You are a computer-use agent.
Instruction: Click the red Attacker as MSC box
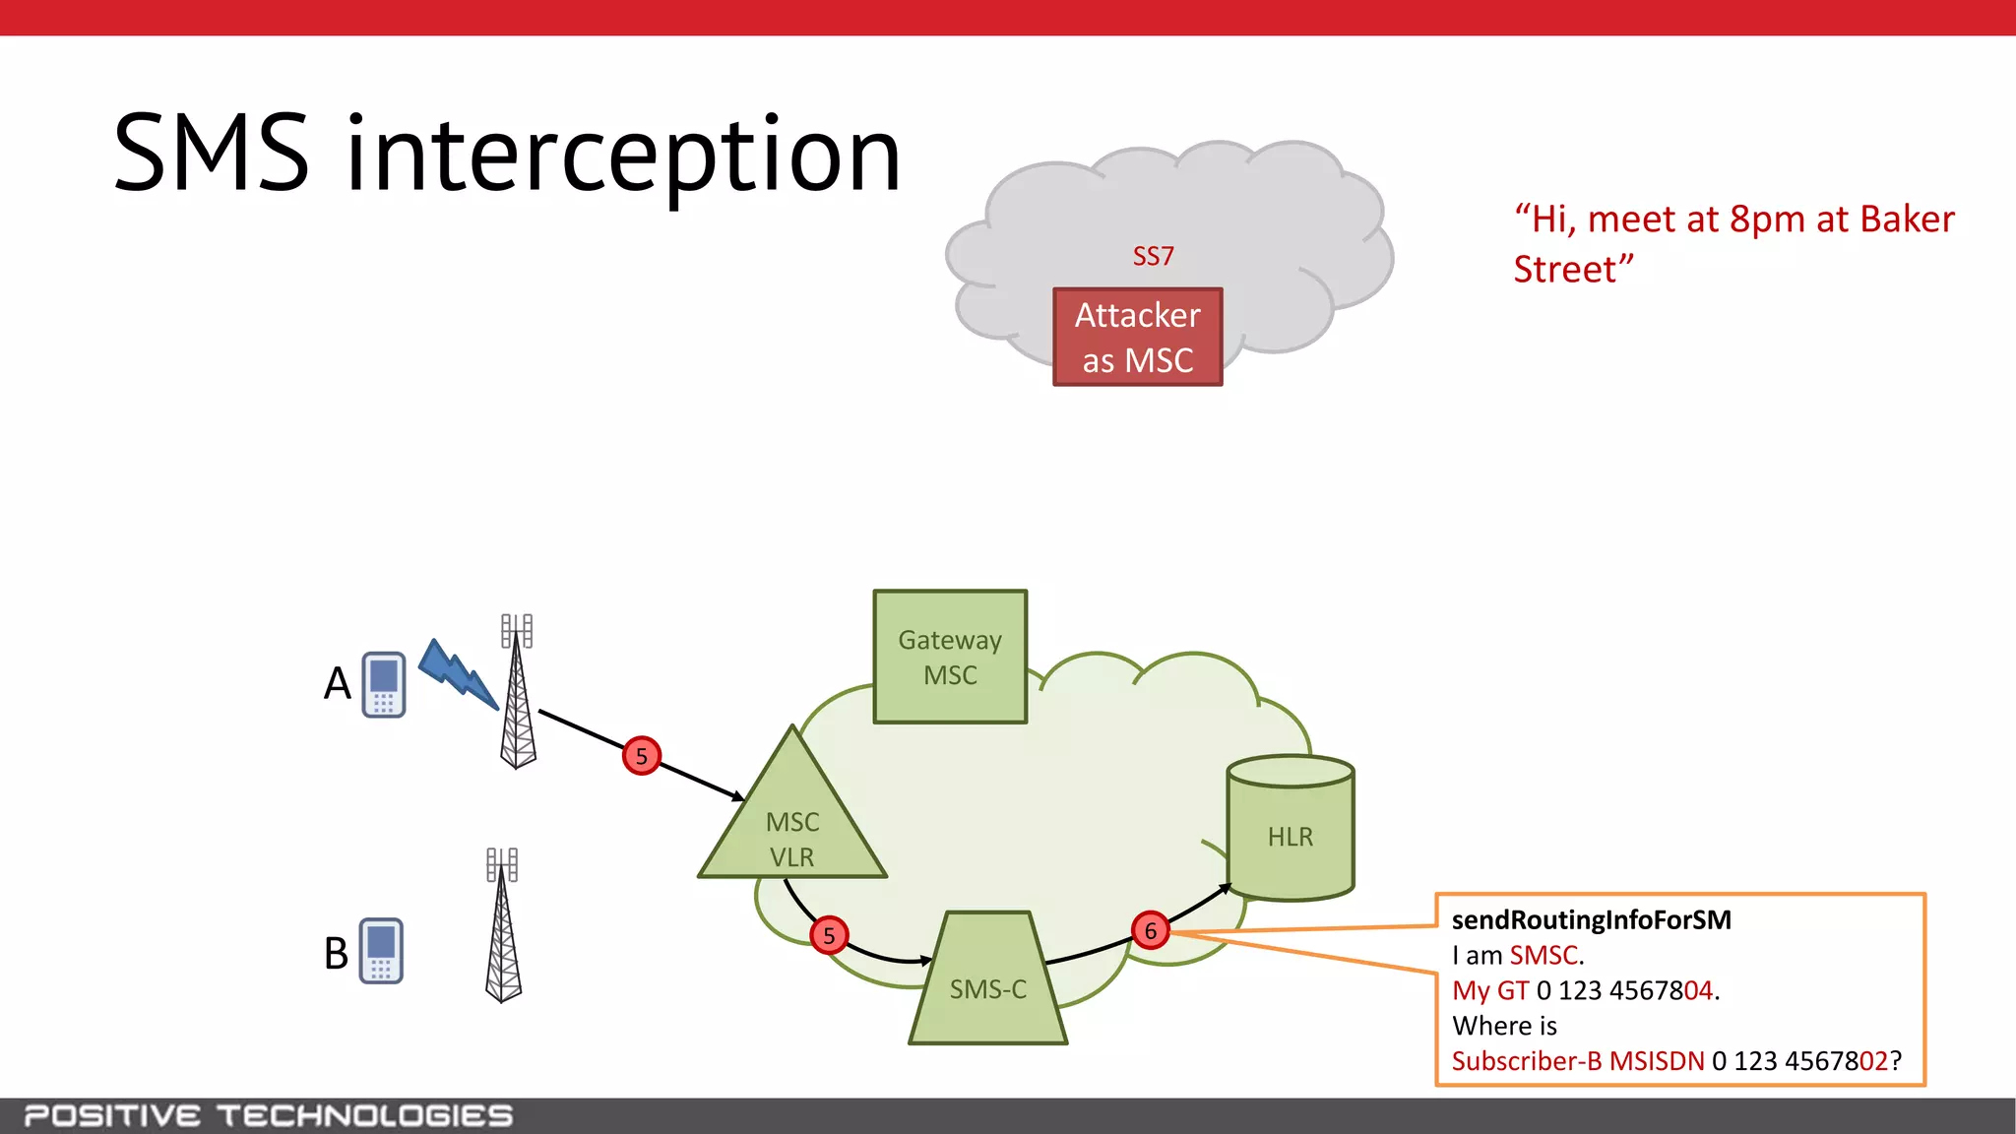1137,337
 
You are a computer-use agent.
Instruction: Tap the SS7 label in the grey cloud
1153,256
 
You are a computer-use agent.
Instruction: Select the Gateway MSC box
950,657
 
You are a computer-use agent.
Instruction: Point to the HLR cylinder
1290,832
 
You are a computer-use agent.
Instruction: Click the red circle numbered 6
1150,930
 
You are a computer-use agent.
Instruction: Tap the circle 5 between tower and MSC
641,756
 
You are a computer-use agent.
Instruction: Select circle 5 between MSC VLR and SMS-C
829,935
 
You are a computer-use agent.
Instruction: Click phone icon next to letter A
384,684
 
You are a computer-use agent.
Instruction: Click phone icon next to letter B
381,951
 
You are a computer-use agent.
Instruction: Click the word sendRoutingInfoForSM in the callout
1591,919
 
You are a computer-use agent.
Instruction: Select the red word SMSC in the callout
1543,955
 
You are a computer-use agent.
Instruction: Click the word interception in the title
623,155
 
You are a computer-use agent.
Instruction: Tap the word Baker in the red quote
1907,219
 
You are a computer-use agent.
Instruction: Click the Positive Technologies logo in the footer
268,1115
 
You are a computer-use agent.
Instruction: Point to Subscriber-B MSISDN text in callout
1577,1061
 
